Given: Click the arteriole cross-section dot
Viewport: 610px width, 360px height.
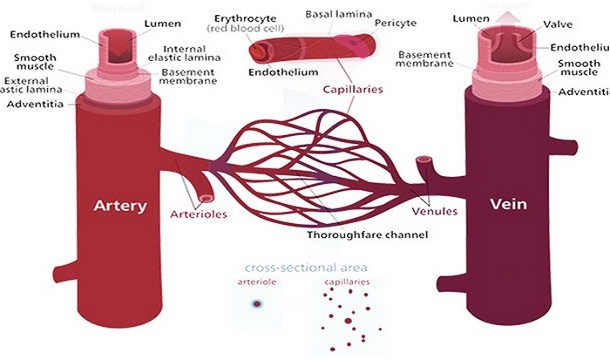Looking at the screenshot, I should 256,304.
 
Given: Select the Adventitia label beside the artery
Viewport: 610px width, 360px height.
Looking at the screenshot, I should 33,104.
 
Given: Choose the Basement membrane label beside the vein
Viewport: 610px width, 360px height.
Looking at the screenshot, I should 424,59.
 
